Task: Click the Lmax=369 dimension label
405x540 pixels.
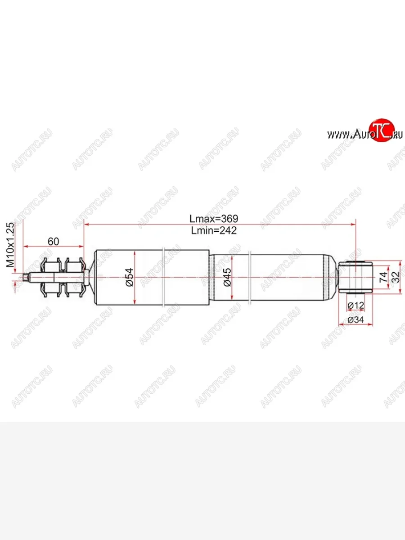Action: [x=213, y=219]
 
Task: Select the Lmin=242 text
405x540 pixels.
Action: [x=213, y=230]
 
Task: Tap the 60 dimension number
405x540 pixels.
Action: [x=53, y=242]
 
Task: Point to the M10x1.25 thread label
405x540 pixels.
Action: [x=10, y=245]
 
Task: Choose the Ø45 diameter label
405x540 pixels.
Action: [x=227, y=278]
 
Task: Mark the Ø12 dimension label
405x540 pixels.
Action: [x=356, y=306]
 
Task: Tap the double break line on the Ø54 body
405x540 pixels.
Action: [x=165, y=277]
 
